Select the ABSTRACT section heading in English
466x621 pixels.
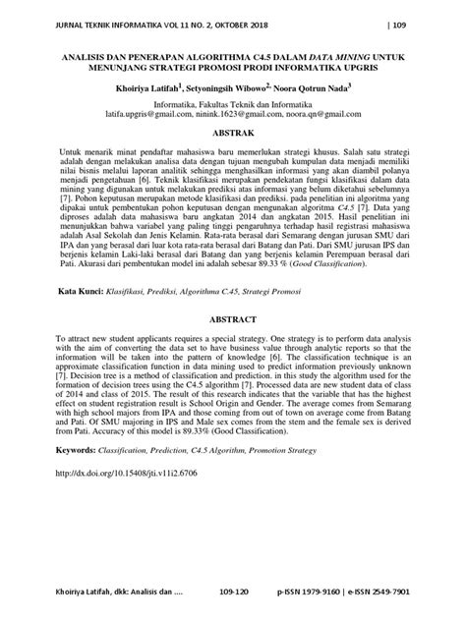(233, 347)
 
